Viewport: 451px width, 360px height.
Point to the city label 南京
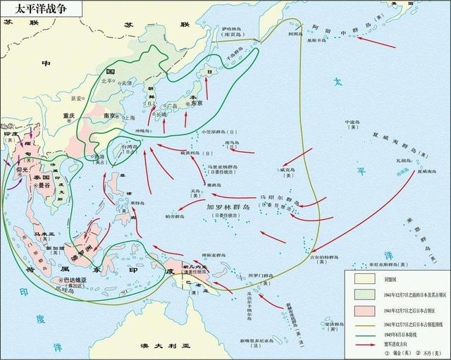click(110, 116)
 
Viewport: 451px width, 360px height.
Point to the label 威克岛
click(288, 170)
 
